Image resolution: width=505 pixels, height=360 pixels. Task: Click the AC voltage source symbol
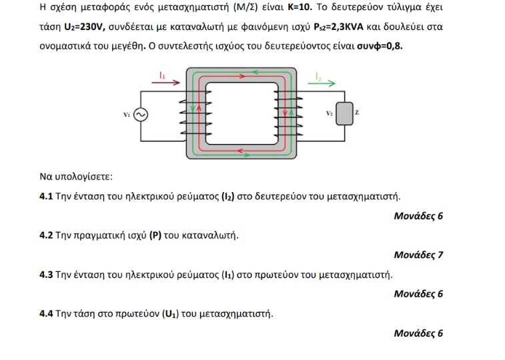(141, 115)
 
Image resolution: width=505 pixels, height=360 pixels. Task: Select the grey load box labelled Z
(344, 114)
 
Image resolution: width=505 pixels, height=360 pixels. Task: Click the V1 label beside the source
(127, 115)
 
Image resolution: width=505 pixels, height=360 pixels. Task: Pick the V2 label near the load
(329, 114)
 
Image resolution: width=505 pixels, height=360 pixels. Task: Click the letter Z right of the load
(357, 114)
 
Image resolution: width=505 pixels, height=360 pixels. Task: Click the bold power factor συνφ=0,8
(380, 48)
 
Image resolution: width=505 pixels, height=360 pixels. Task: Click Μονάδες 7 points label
(418, 255)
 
